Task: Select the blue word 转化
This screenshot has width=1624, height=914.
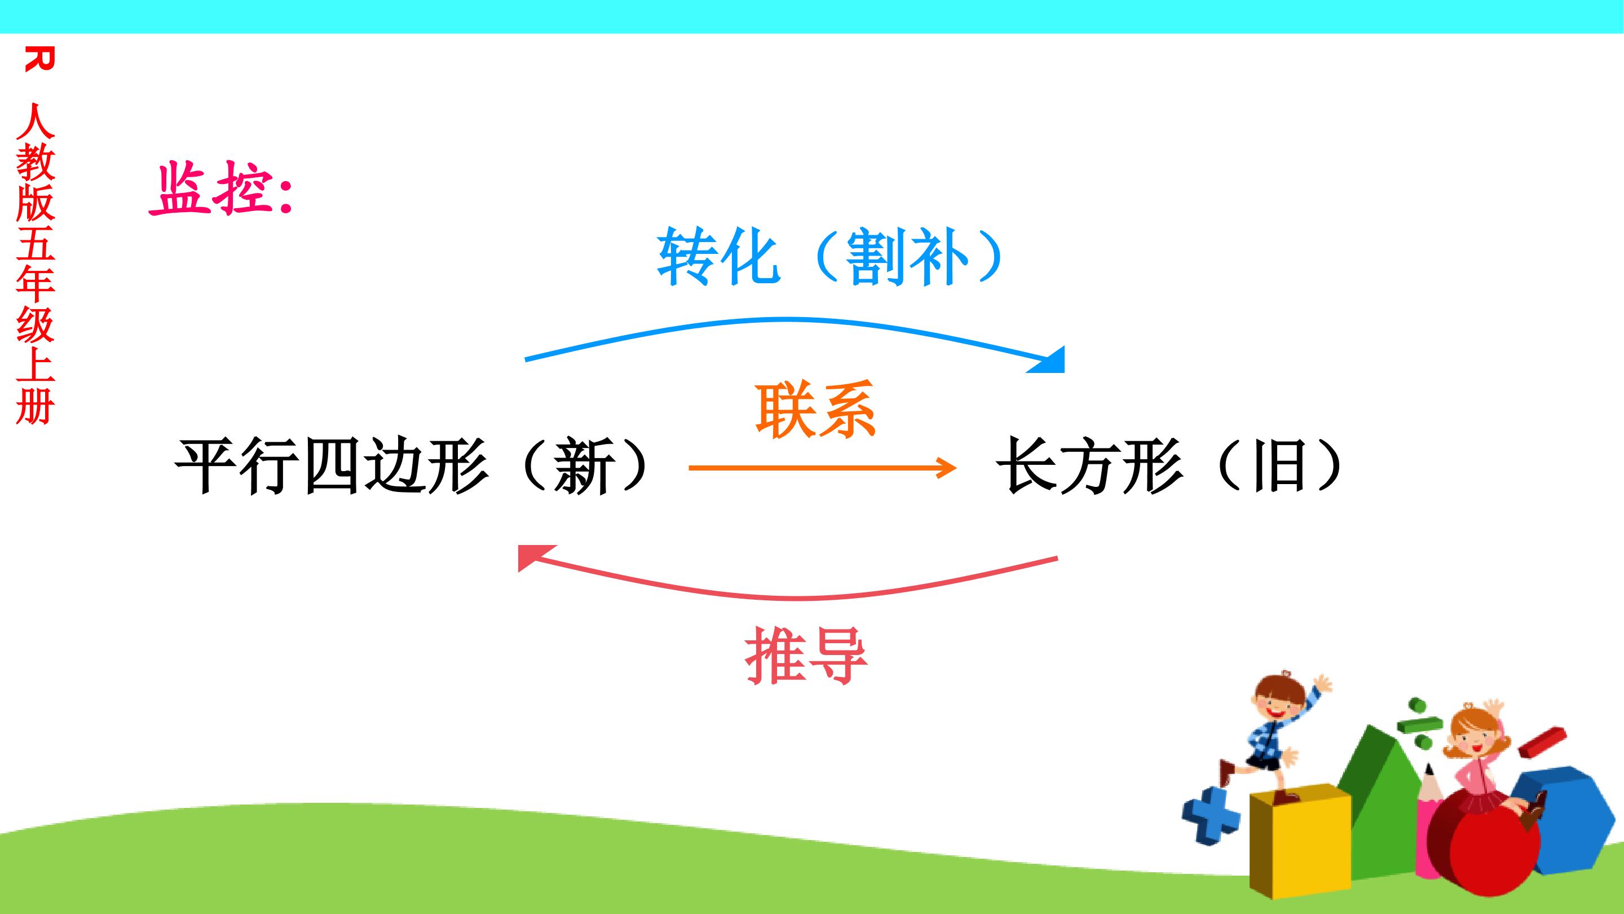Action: (719, 257)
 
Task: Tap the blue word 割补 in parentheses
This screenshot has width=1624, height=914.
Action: (908, 257)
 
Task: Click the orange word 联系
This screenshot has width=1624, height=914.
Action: (816, 410)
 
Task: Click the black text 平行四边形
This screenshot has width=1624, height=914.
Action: (332, 467)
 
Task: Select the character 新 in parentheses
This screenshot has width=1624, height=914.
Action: (584, 467)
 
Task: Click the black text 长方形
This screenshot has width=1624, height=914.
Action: (1089, 467)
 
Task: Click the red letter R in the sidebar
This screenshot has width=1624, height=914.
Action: (39, 59)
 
